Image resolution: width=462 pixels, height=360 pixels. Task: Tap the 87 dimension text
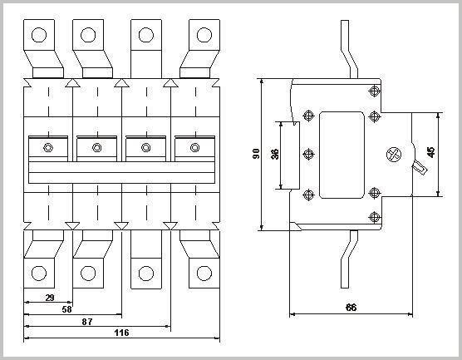(86, 320)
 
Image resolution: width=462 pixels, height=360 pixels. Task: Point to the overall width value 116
(120, 332)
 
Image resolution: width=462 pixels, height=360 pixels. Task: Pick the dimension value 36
(275, 154)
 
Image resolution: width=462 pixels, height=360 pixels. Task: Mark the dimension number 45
(430, 152)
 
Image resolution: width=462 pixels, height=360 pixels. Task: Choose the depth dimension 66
(350, 308)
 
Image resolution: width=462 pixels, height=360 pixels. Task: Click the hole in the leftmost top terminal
(38, 35)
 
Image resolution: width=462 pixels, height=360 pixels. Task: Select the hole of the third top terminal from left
(146, 35)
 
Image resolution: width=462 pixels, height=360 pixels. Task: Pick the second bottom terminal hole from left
(87, 273)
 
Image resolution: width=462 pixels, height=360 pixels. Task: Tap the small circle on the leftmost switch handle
(47, 148)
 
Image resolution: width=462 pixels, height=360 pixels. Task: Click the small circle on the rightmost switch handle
(195, 148)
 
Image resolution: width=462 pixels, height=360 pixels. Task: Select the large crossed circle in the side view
(394, 155)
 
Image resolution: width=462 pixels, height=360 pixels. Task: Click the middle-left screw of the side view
(309, 155)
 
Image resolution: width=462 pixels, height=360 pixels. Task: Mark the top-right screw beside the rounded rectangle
(374, 115)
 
